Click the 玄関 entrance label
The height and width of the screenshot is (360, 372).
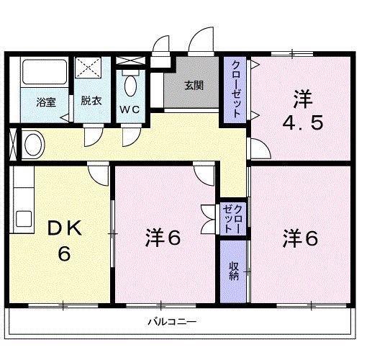pyautogui.click(x=194, y=85)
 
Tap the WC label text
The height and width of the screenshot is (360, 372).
pyautogui.click(x=130, y=109)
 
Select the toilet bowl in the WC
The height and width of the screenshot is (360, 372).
pyautogui.click(x=130, y=87)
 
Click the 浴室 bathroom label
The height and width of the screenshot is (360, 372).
pyautogui.click(x=46, y=102)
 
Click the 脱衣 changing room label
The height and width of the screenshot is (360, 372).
pyautogui.click(x=91, y=101)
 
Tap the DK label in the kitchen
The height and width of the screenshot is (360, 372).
pyautogui.click(x=65, y=230)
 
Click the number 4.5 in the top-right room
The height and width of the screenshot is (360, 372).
pyautogui.click(x=302, y=122)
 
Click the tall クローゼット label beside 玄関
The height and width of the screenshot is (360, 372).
pyautogui.click(x=235, y=90)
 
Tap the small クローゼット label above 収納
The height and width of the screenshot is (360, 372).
pyautogui.click(x=233, y=217)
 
